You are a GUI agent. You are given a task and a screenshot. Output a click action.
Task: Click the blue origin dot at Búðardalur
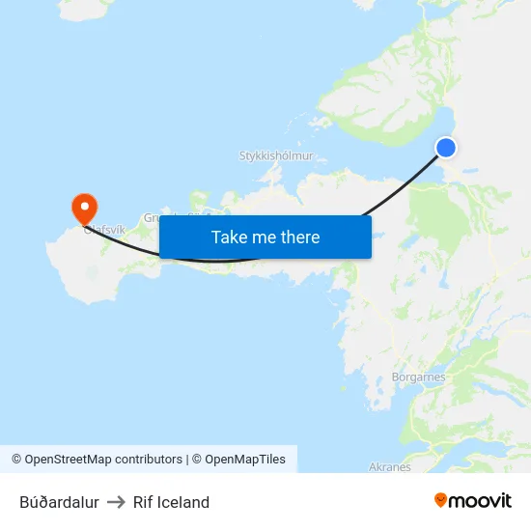click(446, 147)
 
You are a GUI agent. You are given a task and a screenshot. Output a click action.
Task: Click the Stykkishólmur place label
click(276, 155)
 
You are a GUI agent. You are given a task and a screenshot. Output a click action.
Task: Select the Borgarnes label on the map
click(419, 377)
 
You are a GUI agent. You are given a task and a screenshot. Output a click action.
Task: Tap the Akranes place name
click(390, 467)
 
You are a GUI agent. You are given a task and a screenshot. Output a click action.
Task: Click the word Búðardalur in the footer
click(59, 502)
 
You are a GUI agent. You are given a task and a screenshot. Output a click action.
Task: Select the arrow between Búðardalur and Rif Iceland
click(116, 502)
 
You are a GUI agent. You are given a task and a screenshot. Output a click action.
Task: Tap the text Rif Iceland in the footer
click(171, 502)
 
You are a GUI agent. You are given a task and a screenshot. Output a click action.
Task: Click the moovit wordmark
click(480, 501)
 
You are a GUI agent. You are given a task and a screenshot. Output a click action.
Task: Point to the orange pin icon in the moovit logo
click(440, 500)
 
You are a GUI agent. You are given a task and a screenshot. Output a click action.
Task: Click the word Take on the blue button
click(229, 237)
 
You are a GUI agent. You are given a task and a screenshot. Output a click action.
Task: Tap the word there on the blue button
click(300, 237)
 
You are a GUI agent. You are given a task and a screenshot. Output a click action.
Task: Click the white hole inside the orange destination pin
click(85, 204)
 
